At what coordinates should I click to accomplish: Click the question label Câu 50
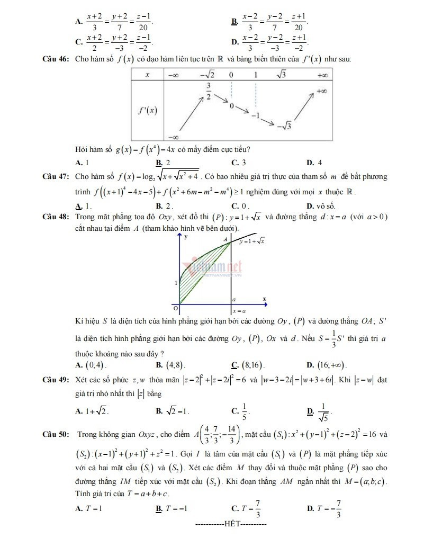tap(55, 435)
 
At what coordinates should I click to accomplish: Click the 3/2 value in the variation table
tap(209, 91)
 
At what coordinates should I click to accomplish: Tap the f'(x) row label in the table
tap(148, 111)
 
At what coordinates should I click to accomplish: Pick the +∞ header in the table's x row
tap(322, 75)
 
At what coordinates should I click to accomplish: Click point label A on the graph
tap(225, 239)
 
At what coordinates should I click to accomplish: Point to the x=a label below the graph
tap(239, 311)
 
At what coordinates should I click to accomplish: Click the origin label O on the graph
tap(177, 307)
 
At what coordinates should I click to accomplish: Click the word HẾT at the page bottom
tap(231, 524)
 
